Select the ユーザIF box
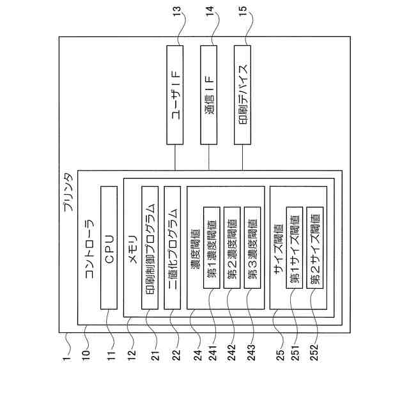pos(174,95)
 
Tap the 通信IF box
pos(209,95)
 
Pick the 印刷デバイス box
pos(243,95)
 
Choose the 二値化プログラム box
pos(173,248)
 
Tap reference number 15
pos(242,11)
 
